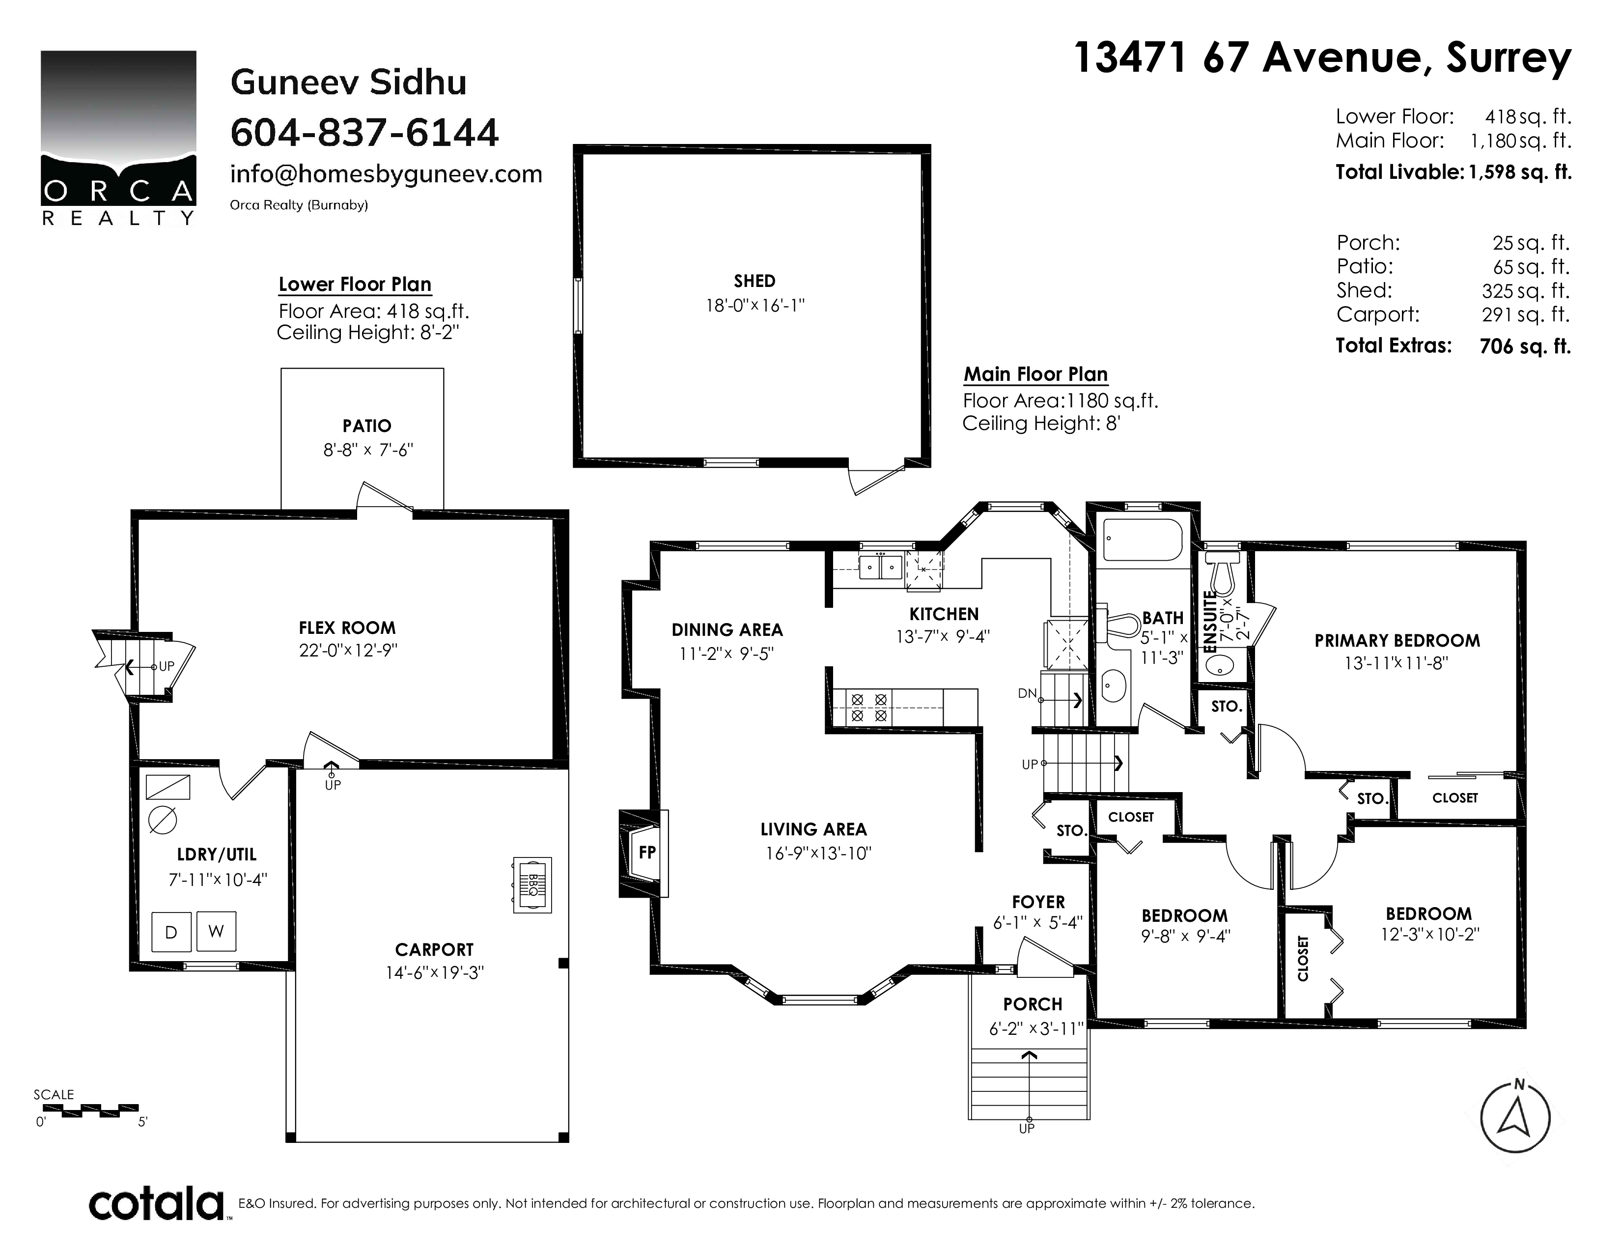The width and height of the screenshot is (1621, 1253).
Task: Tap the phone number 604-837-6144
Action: click(364, 133)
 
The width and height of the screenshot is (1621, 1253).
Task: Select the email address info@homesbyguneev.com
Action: click(386, 174)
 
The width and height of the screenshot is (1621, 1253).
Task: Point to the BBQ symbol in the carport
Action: click(532, 885)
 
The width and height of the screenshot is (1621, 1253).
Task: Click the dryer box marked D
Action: click(171, 932)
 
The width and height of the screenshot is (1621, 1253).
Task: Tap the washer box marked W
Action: click(216, 932)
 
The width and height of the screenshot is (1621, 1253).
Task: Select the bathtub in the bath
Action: click(1142, 540)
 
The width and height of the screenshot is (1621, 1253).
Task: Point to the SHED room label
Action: click(754, 282)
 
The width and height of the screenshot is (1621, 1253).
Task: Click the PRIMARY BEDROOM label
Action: click(1397, 641)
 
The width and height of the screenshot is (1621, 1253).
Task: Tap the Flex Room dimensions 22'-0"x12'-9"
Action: click(348, 650)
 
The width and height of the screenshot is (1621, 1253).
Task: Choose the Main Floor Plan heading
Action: click(1035, 374)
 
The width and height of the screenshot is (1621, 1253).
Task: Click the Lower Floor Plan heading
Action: click(355, 285)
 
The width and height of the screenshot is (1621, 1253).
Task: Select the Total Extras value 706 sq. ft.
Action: click(1525, 346)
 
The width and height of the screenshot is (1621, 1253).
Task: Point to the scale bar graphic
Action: click(85, 1111)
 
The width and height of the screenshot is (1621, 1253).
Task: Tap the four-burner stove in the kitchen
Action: click(868, 708)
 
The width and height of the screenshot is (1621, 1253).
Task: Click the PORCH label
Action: click(1033, 1004)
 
